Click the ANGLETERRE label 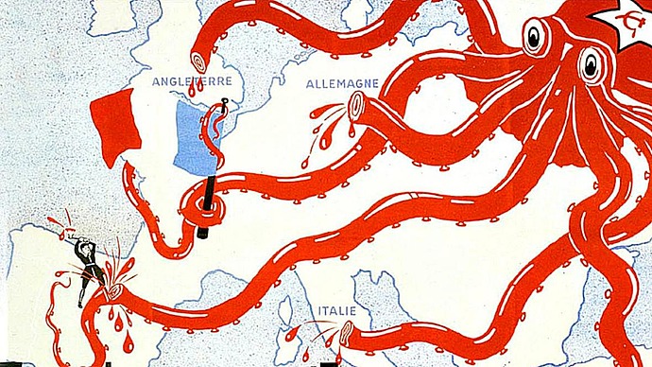(192, 81)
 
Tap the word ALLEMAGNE (342, 83)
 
